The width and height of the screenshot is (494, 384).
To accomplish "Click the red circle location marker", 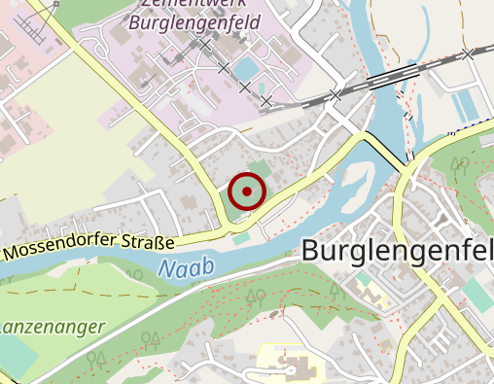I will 247,192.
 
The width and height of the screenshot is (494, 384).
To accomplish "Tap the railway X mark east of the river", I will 469,53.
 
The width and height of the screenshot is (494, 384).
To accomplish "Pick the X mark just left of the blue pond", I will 224,68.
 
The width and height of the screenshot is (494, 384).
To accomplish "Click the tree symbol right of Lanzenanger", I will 149,339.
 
